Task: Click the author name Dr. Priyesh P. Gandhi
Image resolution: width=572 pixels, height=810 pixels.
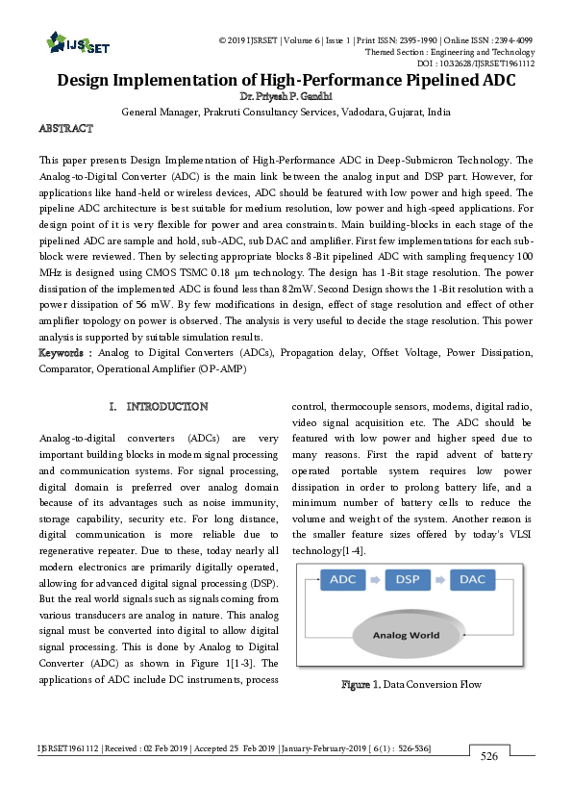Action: (x=286, y=97)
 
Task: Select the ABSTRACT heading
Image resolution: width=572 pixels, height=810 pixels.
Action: (x=65, y=128)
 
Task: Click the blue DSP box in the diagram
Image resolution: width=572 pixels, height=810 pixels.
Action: (x=409, y=580)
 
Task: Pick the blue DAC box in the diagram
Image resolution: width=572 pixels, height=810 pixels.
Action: (x=474, y=580)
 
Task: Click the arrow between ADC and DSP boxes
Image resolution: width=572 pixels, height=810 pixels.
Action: (x=376, y=580)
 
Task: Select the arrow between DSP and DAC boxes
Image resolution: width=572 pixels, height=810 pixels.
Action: (x=441, y=580)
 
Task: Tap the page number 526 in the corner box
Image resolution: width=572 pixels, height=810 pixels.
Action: (x=489, y=757)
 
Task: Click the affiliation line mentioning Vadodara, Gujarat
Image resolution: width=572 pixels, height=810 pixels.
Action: (x=286, y=112)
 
